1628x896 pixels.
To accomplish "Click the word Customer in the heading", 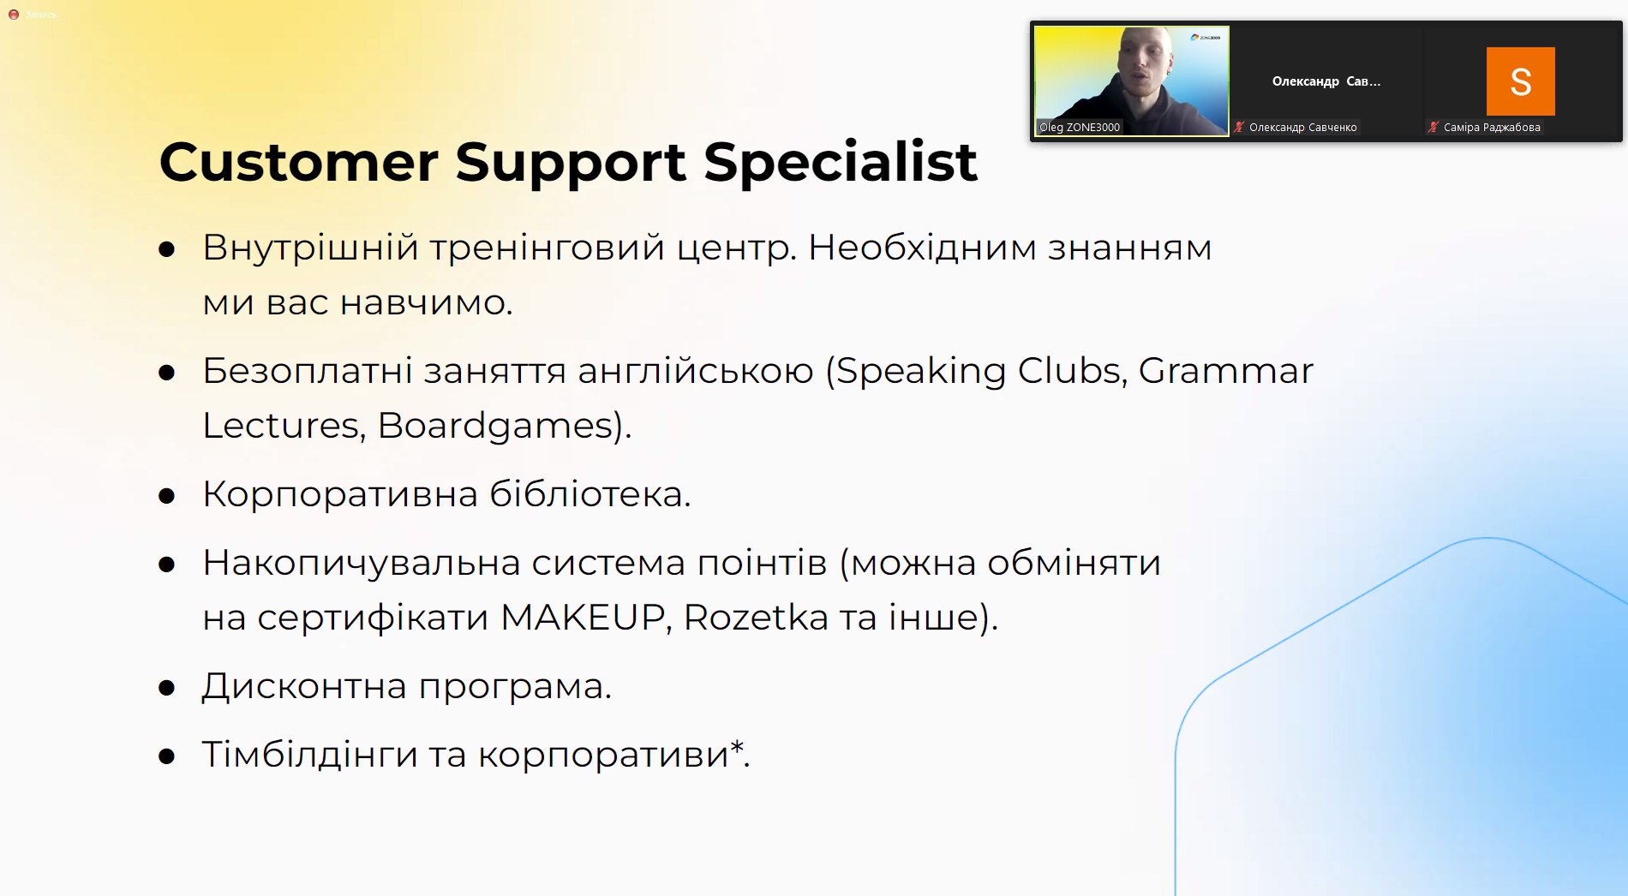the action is click(x=298, y=162).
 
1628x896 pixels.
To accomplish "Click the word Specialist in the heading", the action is click(x=841, y=162).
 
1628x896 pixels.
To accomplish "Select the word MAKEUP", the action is click(x=582, y=617).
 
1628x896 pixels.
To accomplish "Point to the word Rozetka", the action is click(x=757, y=617).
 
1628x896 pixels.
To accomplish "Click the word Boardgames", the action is click(x=495, y=426).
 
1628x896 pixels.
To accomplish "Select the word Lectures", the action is click(x=280, y=426).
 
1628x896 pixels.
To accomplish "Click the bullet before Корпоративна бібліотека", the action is click(x=167, y=496).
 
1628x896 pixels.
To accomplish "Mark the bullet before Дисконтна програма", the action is click(x=167, y=688).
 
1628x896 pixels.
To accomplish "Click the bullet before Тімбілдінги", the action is click(x=167, y=756).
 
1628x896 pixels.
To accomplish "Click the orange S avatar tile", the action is click(x=1520, y=81).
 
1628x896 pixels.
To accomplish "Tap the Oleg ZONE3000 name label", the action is click(x=1080, y=128).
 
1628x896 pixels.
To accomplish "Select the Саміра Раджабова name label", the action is click(x=1492, y=128).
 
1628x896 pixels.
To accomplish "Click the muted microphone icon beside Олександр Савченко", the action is click(x=1239, y=128).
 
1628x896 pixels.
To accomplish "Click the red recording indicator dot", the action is click(x=14, y=15).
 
